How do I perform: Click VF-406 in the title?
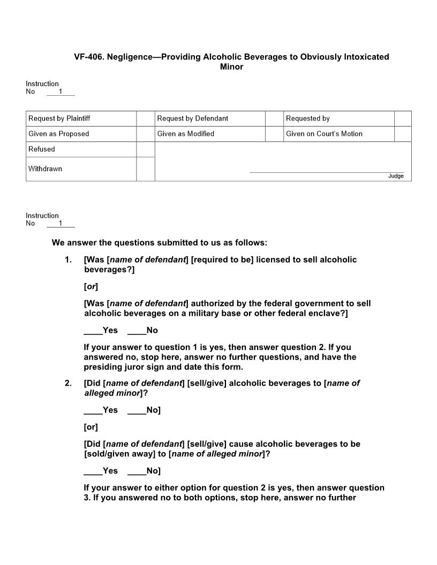(x=88, y=57)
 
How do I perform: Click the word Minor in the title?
(x=231, y=67)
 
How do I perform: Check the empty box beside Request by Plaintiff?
(x=146, y=118)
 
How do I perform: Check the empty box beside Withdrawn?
(x=146, y=169)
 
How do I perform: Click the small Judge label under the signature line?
(x=396, y=176)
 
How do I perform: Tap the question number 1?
(x=68, y=259)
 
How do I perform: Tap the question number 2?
(x=68, y=383)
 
